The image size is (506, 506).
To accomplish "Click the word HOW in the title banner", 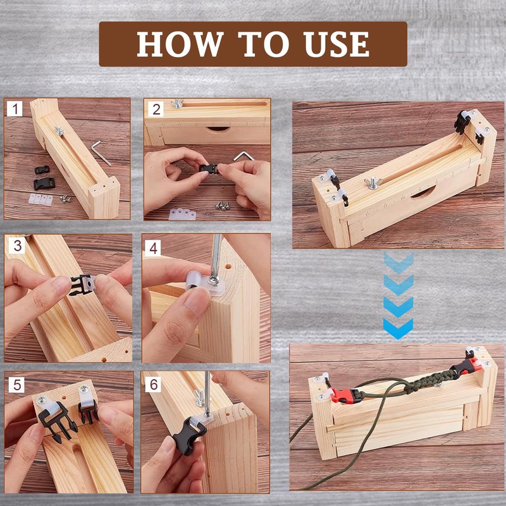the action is (180, 44).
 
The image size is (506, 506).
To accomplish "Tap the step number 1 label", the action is (15, 109).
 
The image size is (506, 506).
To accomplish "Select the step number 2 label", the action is (156, 109).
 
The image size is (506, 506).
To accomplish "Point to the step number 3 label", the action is (17, 245).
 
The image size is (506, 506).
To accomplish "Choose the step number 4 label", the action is (153, 248).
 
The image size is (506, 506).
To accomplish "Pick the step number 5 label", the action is (17, 385).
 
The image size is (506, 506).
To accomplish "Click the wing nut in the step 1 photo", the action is (59, 130).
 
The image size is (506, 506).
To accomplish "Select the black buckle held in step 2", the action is (209, 168).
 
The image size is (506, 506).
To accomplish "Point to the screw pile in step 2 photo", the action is (223, 205).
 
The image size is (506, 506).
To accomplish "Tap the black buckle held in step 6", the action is (188, 435).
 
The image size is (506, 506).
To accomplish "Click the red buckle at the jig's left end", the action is (345, 396).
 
